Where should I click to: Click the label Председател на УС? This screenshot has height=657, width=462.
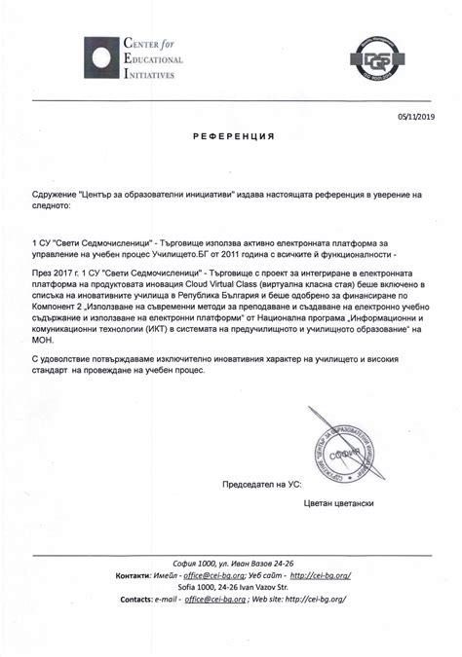(254, 484)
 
